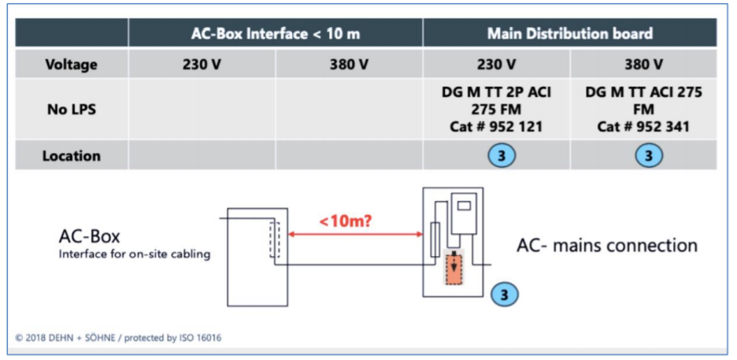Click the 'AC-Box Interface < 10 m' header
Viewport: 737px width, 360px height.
275,33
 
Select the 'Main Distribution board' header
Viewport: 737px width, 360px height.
569,33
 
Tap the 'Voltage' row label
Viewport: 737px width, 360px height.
72,64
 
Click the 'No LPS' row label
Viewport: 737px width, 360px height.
72,109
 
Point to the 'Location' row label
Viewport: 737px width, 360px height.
72,156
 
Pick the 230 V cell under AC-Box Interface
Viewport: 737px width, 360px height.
202,64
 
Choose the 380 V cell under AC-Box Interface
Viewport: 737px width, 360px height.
349,64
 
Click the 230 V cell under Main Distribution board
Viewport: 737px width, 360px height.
496,64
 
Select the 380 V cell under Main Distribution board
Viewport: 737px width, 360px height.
643,64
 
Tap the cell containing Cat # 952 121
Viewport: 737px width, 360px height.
496,109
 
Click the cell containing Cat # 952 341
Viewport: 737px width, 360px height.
643,109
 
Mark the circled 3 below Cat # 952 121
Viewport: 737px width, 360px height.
502,156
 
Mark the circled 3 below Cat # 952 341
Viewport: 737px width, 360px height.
649,156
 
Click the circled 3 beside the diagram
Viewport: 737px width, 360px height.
505,294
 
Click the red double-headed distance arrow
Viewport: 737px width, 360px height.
354,234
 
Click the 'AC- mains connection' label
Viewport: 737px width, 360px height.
606,245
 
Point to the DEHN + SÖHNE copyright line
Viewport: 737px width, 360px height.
119,338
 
